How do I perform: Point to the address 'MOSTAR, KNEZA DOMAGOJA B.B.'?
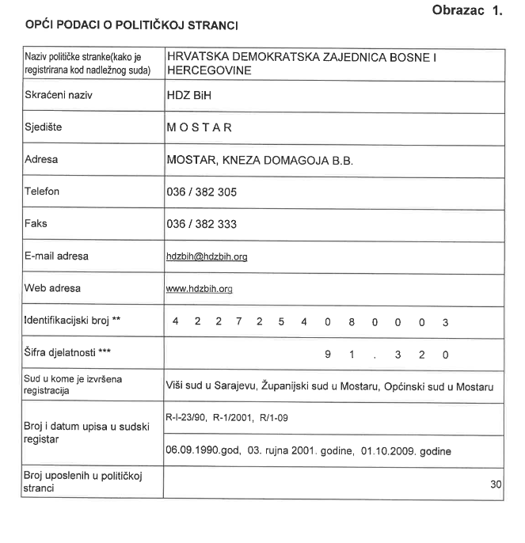pos(260,159)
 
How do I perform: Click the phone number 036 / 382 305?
pos(202,192)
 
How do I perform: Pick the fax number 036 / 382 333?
pos(202,224)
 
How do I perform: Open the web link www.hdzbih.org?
pos(199,289)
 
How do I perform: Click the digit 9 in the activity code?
pos(327,354)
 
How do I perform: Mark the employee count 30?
pos(496,484)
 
